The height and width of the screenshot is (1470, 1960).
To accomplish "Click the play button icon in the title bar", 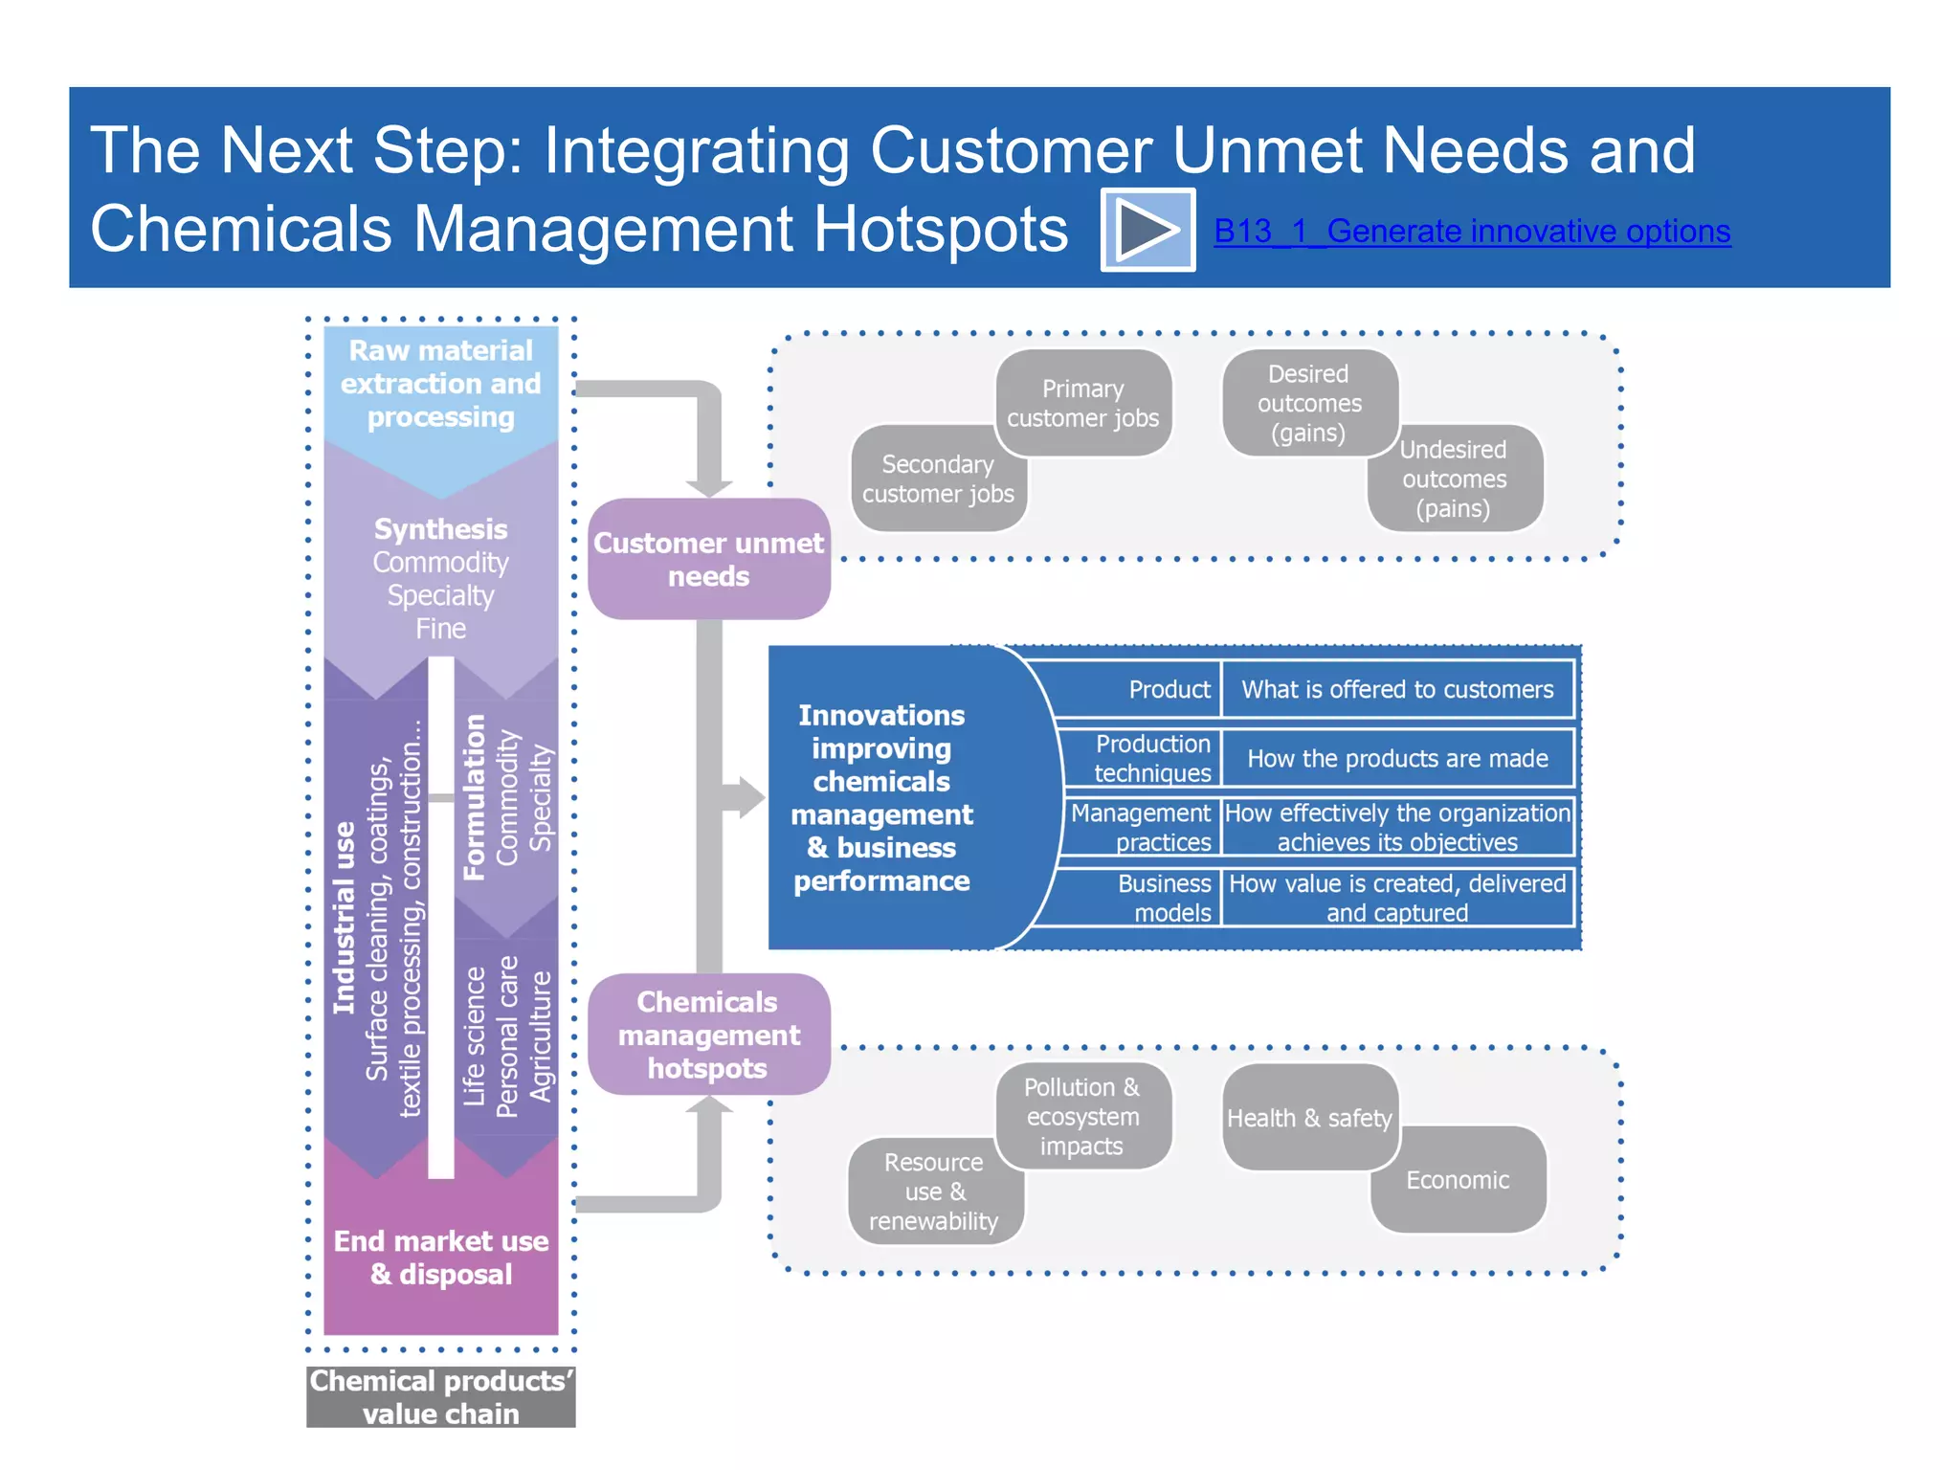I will (x=1147, y=230).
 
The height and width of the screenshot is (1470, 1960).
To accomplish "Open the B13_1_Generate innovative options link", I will (x=1471, y=231).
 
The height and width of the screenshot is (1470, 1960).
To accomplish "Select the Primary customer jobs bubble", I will (x=1082, y=403).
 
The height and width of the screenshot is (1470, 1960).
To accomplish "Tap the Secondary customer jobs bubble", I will (x=937, y=479).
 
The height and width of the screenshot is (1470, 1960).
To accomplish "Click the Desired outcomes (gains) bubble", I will (x=1308, y=403).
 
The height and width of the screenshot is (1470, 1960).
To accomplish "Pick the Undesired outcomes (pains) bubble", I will (x=1454, y=479).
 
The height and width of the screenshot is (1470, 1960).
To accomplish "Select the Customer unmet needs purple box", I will (x=708, y=559).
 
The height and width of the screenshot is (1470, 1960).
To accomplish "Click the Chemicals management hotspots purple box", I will (x=708, y=1035).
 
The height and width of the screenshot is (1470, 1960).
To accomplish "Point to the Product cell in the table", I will (x=1169, y=689).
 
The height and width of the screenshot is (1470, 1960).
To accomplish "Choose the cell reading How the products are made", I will (x=1397, y=759).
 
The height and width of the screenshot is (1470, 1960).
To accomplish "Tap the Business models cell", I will (x=1164, y=898).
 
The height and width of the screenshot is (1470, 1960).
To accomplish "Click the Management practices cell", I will (x=1141, y=827).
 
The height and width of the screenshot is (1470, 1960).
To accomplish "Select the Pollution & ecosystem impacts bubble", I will (x=1082, y=1116).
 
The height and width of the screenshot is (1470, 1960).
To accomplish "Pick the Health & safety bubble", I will (x=1308, y=1118).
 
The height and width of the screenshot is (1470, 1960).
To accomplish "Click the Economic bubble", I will (x=1458, y=1180).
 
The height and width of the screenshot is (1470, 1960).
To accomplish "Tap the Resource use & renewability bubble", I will (x=933, y=1192).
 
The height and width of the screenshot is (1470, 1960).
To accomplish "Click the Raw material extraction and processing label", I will (x=440, y=384).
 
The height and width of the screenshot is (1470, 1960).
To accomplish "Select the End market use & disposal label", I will (x=440, y=1258).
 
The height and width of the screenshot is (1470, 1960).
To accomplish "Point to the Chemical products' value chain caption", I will (x=440, y=1396).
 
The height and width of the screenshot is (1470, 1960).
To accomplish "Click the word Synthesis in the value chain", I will (x=440, y=529).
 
